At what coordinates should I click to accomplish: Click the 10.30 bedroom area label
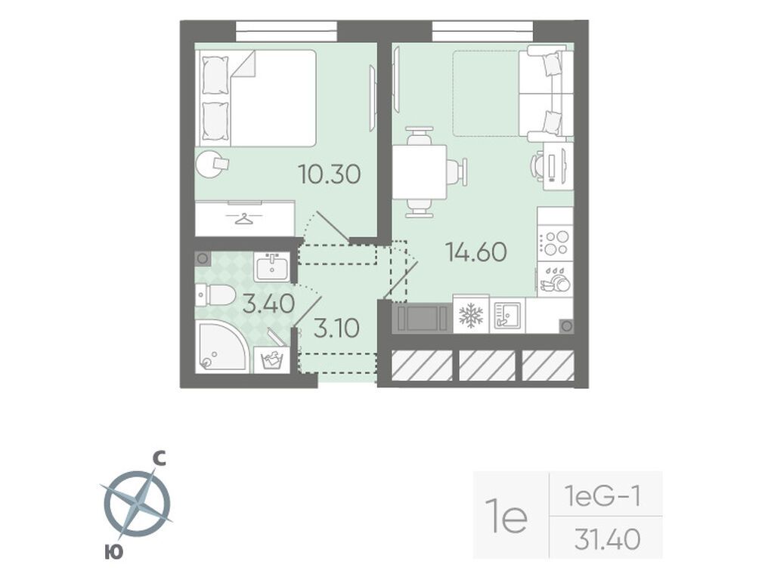click(330, 174)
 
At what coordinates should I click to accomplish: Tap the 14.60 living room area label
click(476, 251)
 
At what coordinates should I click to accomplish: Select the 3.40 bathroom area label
click(269, 304)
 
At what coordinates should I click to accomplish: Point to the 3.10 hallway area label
click(336, 328)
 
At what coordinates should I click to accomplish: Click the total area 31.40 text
click(607, 538)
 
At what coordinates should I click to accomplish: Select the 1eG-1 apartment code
click(602, 496)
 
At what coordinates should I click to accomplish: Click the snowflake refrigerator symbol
click(471, 315)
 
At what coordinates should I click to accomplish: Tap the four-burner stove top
click(556, 242)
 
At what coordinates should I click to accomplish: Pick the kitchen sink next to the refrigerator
click(507, 315)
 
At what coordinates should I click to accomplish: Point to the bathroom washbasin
click(271, 267)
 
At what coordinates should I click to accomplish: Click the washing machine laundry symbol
click(271, 359)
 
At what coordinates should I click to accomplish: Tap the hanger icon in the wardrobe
click(245, 219)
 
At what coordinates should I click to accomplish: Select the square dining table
click(420, 172)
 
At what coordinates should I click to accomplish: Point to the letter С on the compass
click(160, 458)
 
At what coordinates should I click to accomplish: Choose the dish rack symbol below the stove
click(556, 279)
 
